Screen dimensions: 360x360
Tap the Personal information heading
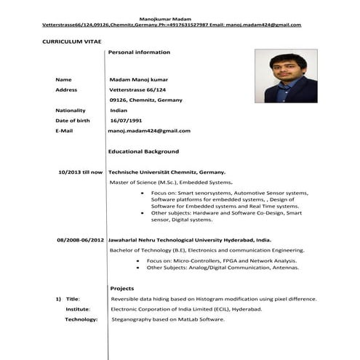click(139, 52)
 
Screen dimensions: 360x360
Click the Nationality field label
click(71, 110)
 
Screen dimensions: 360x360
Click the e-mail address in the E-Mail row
click(149, 131)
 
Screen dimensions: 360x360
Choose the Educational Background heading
click(143, 151)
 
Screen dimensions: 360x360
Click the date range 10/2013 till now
click(80, 172)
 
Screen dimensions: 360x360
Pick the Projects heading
click(121, 289)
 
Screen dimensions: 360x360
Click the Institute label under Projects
click(77, 309)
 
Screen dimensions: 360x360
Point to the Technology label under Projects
click(81, 319)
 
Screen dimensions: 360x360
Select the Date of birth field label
click(73, 120)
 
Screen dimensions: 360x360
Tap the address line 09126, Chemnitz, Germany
click(146, 100)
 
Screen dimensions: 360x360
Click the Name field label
click(64, 79)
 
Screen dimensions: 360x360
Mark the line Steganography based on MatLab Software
click(168, 319)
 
